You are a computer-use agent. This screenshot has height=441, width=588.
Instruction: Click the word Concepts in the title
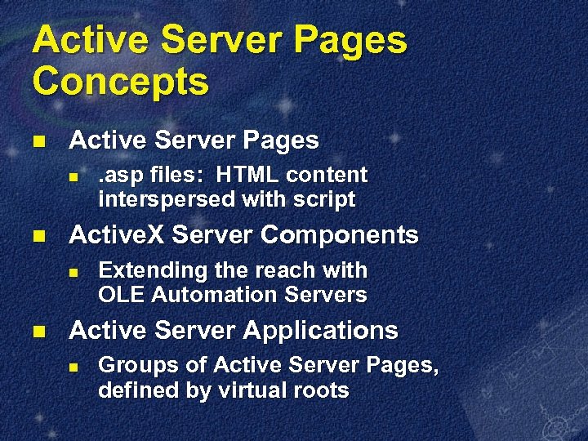(x=120, y=82)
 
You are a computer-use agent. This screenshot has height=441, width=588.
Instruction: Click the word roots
(x=321, y=390)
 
